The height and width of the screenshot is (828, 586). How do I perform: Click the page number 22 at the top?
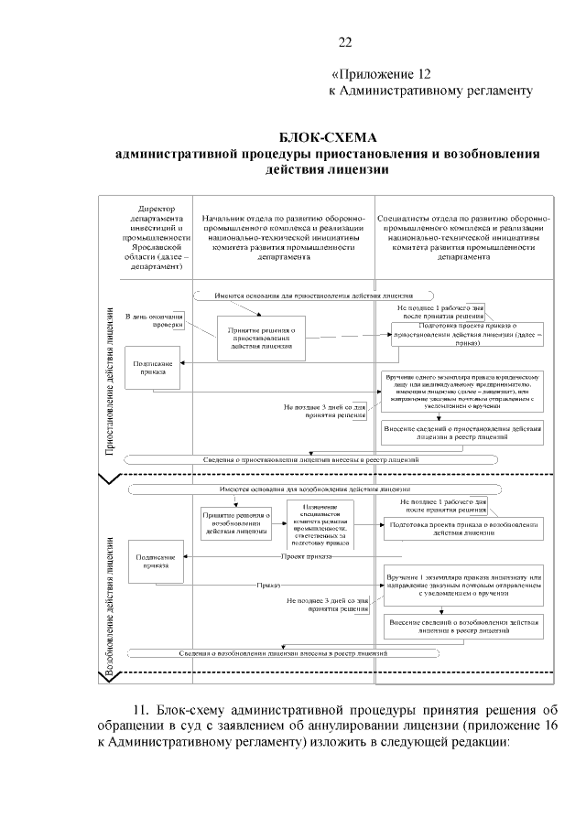[345, 42]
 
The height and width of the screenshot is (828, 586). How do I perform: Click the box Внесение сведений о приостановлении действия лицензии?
[461, 433]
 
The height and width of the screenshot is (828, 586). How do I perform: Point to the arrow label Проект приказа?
[307, 554]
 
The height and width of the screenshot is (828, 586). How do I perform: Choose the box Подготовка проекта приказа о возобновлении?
[461, 528]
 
